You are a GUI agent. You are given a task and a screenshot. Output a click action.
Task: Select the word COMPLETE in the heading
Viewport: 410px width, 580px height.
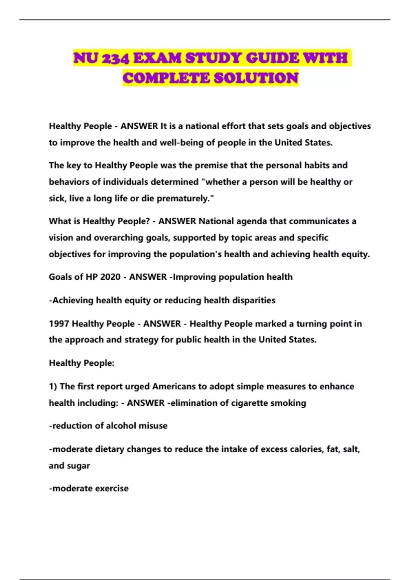pyautogui.click(x=166, y=78)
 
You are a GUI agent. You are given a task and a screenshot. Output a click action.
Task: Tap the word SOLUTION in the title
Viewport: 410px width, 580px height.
pyautogui.click(x=256, y=78)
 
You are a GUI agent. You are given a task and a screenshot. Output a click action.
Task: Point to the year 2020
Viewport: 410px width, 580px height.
pyautogui.click(x=110, y=277)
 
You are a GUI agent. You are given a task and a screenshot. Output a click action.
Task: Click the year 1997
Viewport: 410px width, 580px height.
pyautogui.click(x=59, y=324)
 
